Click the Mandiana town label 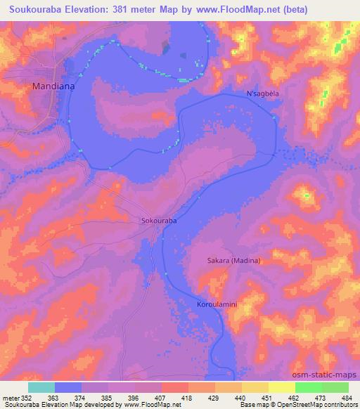(50, 86)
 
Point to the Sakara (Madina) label (233, 261)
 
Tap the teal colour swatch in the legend (41, 387)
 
